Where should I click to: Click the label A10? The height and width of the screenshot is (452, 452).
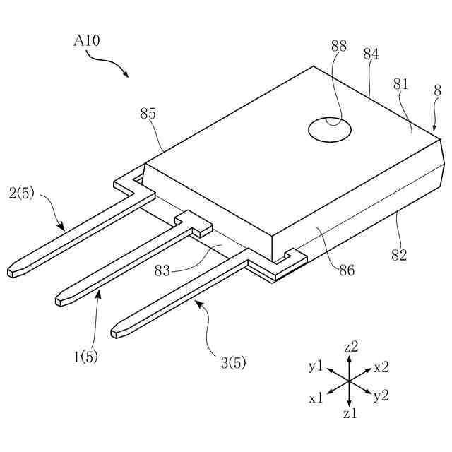(87, 41)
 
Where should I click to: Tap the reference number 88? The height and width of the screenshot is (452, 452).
(338, 47)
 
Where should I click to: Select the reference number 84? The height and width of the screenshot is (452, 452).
(371, 54)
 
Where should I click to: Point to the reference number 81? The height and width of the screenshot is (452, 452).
(401, 84)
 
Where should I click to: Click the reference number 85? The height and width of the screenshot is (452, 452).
(148, 114)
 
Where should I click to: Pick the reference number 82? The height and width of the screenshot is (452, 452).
(399, 256)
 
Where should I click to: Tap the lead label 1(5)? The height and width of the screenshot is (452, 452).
(85, 357)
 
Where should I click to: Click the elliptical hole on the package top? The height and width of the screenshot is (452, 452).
(330, 129)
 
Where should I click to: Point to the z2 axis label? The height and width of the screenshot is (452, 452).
(351, 347)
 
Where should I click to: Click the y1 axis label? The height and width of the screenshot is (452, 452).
(316, 367)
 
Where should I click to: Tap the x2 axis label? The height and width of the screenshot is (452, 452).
(381, 367)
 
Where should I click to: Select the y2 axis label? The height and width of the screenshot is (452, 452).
(381, 395)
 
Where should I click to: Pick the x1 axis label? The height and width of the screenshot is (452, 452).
(316, 398)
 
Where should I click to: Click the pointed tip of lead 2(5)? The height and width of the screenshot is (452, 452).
(10, 272)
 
